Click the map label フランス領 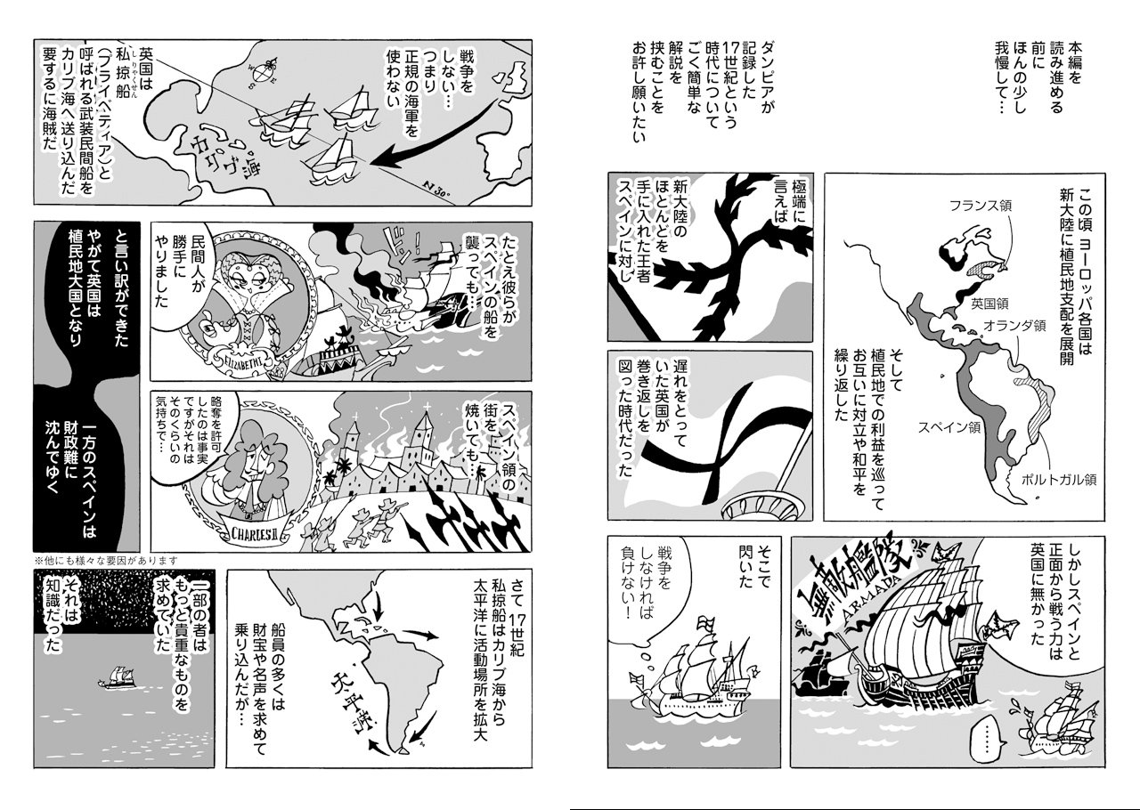pyautogui.click(x=981, y=206)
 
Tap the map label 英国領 pyautogui.click(x=989, y=304)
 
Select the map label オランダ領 pyautogui.click(x=1014, y=326)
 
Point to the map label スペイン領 pyautogui.click(x=949, y=427)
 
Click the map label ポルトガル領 pyautogui.click(x=1059, y=479)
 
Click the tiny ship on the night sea pyautogui.click(x=116, y=677)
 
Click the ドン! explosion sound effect pyautogui.click(x=405, y=243)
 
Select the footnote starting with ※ pyautogui.click(x=105, y=561)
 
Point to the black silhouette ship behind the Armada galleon pyautogui.click(x=821, y=674)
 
